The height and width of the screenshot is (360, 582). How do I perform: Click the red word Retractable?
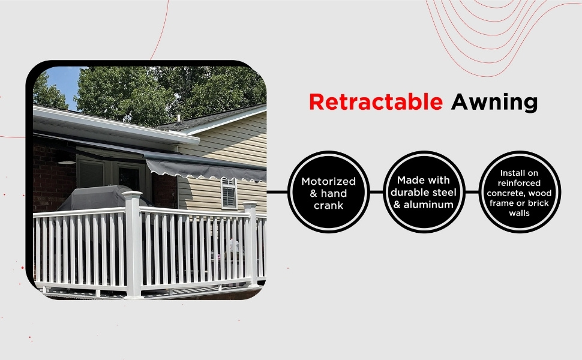376,102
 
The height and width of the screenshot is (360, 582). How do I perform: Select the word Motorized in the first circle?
328,181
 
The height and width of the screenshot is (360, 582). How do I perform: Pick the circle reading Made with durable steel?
424,192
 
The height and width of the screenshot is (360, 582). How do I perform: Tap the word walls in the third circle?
519,213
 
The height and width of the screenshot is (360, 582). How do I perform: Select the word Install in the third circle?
519,173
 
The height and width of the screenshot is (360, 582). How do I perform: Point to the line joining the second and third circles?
472,192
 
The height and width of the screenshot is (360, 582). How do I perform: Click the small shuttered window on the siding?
228,193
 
